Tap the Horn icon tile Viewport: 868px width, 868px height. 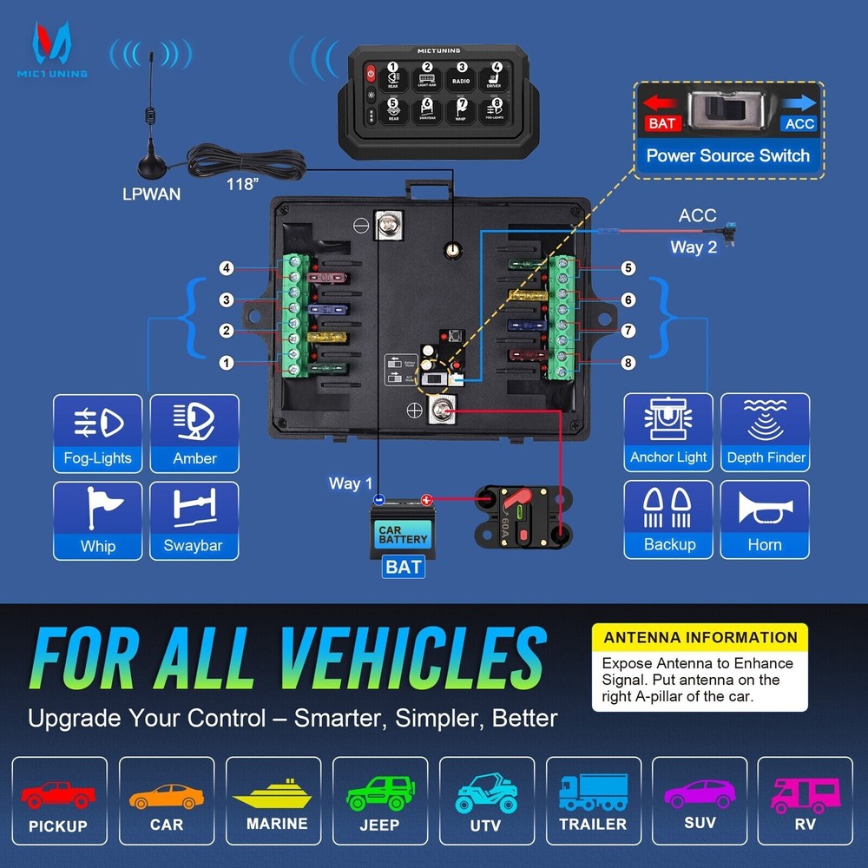click(x=765, y=519)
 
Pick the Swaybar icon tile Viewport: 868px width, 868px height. click(x=194, y=520)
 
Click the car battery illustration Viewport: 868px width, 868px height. click(x=402, y=529)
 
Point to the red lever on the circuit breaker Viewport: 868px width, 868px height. click(x=515, y=503)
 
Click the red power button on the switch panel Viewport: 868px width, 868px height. click(x=370, y=73)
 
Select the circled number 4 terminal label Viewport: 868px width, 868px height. click(x=227, y=268)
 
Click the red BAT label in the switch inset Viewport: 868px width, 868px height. click(x=661, y=123)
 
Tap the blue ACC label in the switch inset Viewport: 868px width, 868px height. click(x=799, y=123)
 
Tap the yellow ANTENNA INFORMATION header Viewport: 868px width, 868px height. click(x=700, y=637)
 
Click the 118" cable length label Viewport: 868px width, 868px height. click(x=243, y=184)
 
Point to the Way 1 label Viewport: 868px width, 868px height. click(x=350, y=483)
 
